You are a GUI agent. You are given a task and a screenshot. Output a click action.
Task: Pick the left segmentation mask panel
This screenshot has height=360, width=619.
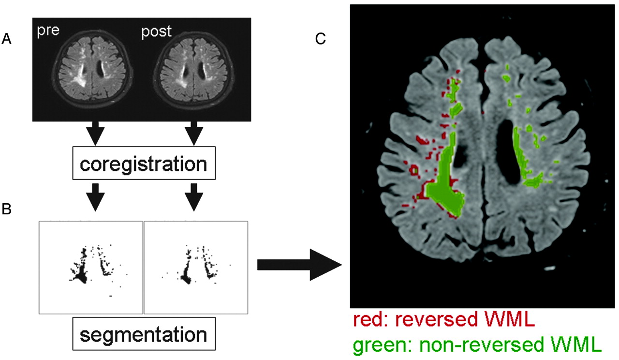(x=90, y=267)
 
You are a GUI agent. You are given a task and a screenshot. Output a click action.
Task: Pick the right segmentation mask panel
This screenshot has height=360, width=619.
(x=196, y=267)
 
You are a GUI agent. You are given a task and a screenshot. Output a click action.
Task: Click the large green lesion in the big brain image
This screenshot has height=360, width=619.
(x=446, y=191)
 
